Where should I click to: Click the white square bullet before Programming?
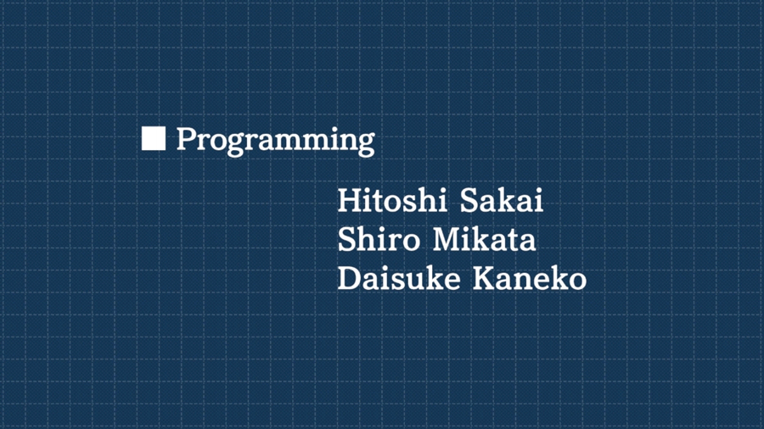[x=154, y=138]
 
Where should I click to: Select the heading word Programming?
[x=275, y=141]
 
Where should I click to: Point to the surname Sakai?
[x=502, y=200]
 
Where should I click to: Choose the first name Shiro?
[x=379, y=239]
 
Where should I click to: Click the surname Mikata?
[x=485, y=239]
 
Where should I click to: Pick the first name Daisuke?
[x=399, y=278]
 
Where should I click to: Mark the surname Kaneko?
[x=530, y=278]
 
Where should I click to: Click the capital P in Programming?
[x=186, y=139]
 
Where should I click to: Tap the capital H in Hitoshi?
[x=350, y=200]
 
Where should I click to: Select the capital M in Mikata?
[x=447, y=240]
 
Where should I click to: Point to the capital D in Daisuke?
[x=350, y=279]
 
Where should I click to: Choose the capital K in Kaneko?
[x=486, y=279]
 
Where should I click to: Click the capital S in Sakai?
[x=469, y=200]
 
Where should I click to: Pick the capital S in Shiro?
[x=346, y=240]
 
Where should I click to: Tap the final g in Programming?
[x=366, y=144]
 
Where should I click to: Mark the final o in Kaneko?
[x=578, y=282]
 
